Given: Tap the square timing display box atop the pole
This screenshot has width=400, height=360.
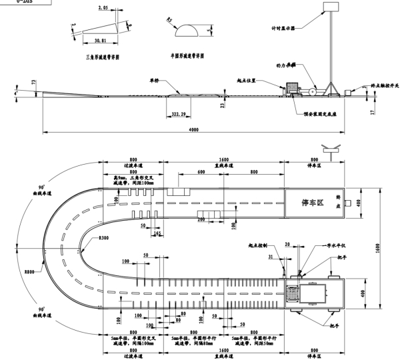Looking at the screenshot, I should tap(331, 6).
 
